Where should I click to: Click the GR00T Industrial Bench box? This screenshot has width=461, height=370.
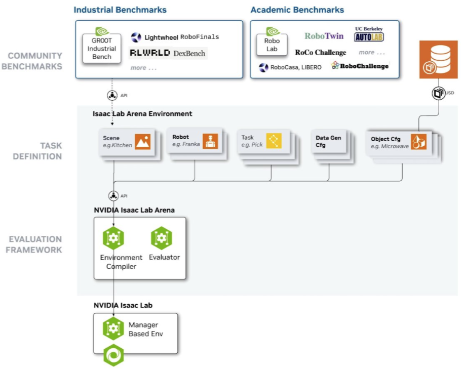102,49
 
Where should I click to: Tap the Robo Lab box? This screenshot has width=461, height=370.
272,45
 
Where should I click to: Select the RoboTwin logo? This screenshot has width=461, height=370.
324,36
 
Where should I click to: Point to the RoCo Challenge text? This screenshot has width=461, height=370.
321,53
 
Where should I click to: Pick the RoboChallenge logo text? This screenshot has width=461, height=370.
364,66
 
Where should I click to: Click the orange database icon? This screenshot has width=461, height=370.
438,60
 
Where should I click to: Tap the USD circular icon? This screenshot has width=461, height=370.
438,93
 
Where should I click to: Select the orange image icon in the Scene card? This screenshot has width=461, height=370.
142,142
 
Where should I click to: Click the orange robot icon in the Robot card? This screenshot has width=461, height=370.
210,141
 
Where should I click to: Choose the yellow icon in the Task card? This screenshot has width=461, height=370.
274,141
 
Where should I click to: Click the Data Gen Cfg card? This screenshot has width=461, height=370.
329,142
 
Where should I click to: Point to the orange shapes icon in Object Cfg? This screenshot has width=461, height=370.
418,142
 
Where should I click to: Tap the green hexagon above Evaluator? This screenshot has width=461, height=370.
162,238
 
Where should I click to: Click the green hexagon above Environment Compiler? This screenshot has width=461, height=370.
113,238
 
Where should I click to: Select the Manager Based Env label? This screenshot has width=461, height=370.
146,329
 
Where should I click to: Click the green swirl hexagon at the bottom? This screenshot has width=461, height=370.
113,355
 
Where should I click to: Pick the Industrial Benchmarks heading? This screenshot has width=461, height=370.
120,10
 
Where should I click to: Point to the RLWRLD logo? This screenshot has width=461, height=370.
150,53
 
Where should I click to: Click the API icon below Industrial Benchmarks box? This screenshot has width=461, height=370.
112,96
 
